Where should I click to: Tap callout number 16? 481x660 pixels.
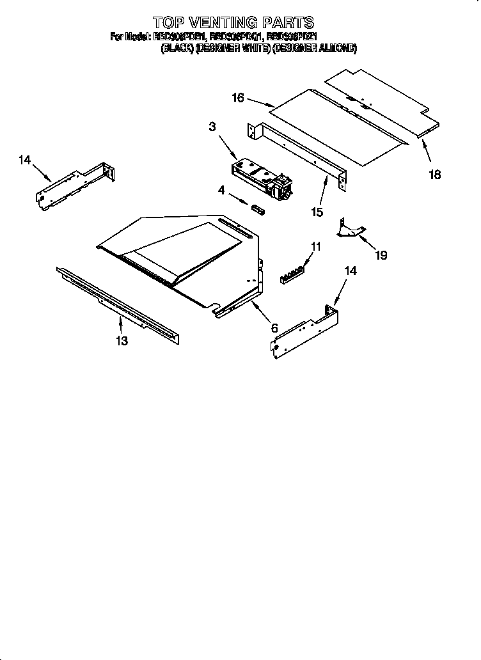pyautogui.click(x=238, y=98)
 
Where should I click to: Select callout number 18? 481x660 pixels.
pyautogui.click(x=435, y=175)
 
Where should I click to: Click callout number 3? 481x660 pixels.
pyautogui.click(x=212, y=127)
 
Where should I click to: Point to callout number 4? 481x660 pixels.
pyautogui.click(x=222, y=190)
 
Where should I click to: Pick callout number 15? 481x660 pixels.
pyautogui.click(x=317, y=212)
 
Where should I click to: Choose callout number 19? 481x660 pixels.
pyautogui.click(x=381, y=255)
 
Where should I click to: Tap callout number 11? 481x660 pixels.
pyautogui.click(x=315, y=246)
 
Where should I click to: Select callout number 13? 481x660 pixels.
pyautogui.click(x=122, y=341)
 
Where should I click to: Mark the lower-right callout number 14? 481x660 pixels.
pyautogui.click(x=350, y=271)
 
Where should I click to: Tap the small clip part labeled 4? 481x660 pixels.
pyautogui.click(x=257, y=209)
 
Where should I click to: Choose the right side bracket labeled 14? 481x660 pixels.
pyautogui.click(x=306, y=329)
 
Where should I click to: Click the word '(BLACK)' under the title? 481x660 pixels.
pyautogui.click(x=177, y=48)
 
